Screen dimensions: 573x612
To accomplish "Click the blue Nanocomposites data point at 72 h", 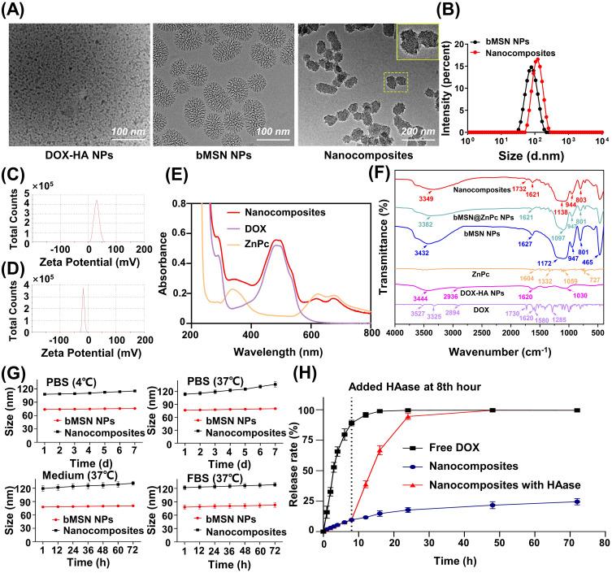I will (x=577, y=501).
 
